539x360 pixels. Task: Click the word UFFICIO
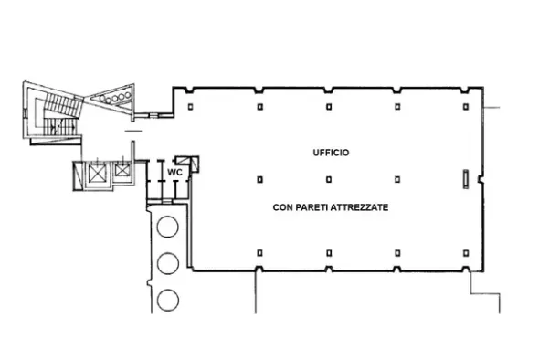331,153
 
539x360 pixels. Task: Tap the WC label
174,173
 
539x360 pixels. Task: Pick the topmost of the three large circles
167,227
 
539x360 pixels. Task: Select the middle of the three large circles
168,263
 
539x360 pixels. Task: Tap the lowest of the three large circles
168,300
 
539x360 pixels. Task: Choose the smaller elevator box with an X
122,170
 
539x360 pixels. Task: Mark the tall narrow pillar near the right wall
466,179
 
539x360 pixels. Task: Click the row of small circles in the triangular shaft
115,97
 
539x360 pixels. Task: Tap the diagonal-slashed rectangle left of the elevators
78,175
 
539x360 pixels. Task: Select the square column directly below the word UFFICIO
329,179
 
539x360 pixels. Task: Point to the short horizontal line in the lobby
133,131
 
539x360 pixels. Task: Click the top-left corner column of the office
190,107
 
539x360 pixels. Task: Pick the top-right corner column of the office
466,107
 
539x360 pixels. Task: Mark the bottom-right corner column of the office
466,253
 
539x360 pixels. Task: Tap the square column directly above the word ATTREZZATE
397,179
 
